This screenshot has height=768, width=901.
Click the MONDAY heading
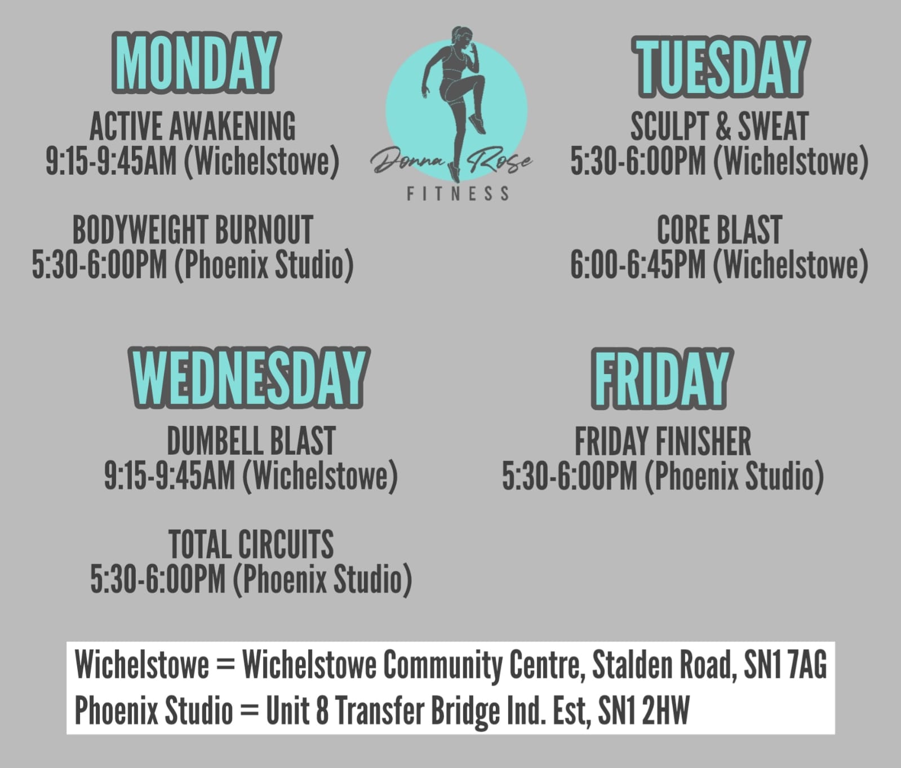coord(195,63)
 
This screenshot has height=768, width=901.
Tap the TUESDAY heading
coord(721,67)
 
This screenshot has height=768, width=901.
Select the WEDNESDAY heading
coord(248,377)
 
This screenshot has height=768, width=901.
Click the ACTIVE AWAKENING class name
coord(193,126)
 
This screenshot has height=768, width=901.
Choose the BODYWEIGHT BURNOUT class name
coord(193,230)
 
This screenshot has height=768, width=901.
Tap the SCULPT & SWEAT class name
coord(720,126)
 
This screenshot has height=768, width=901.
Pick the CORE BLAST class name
coord(720,230)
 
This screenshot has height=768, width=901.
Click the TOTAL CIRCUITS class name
coord(251,544)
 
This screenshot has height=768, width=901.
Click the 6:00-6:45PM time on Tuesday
coord(637,265)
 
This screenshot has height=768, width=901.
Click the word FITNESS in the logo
coord(458,194)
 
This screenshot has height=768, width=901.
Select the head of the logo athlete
coord(461,35)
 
